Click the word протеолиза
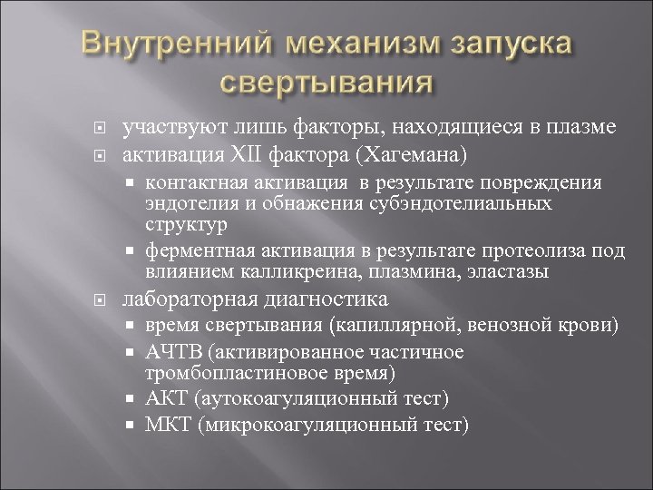coord(534,251)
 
